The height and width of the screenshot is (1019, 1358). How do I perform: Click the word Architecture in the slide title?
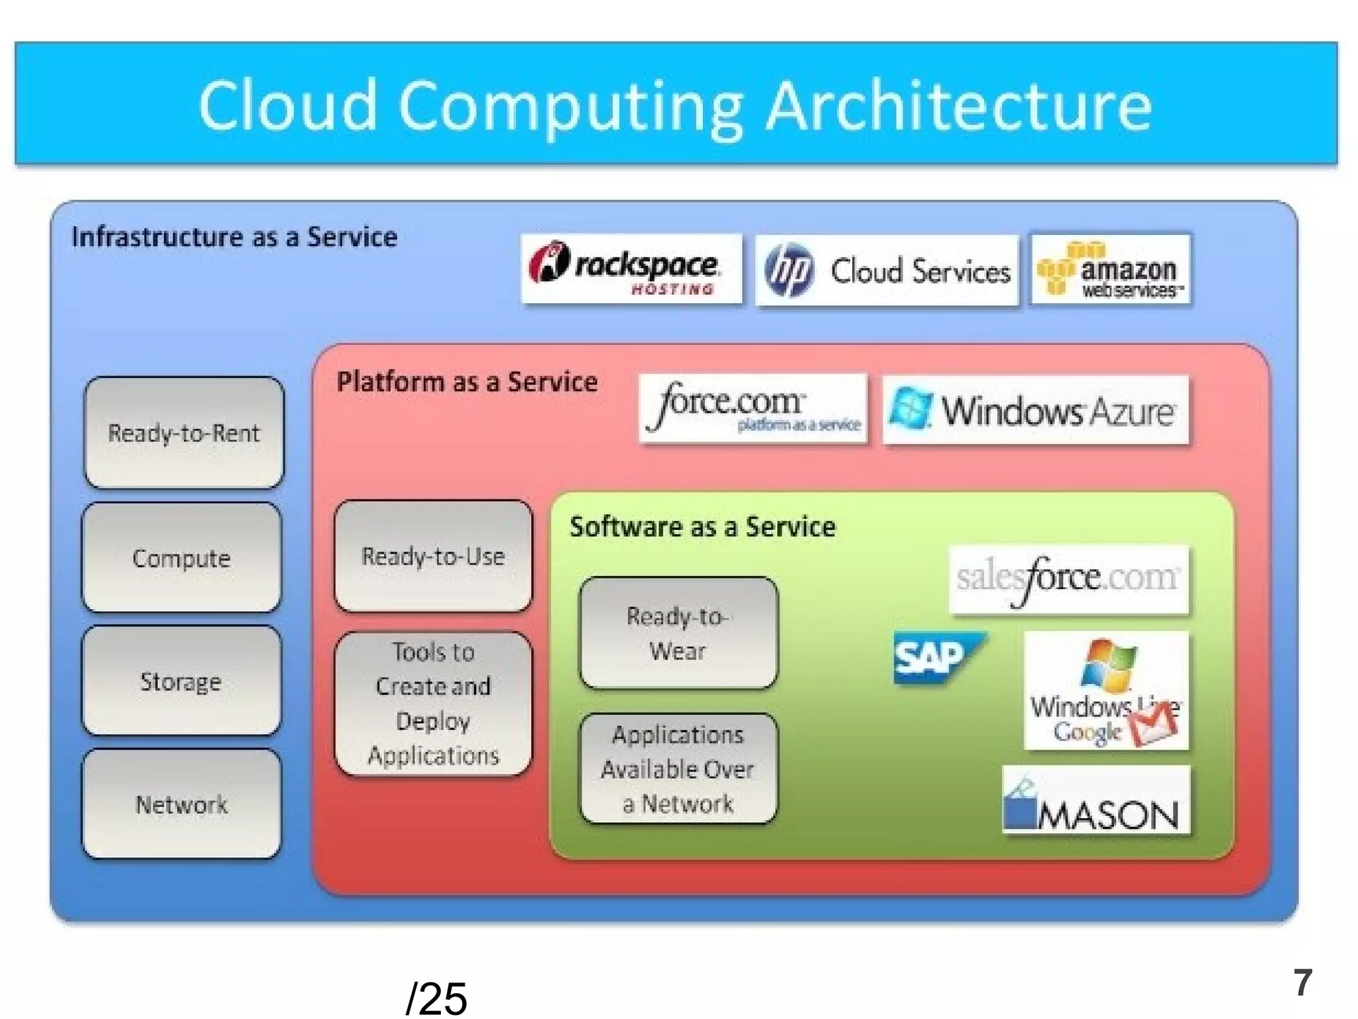[959, 106]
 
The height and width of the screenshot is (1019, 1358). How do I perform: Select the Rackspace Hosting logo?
[631, 269]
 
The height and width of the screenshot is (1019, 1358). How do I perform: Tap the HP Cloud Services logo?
[887, 271]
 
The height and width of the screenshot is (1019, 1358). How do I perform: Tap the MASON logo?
[1095, 801]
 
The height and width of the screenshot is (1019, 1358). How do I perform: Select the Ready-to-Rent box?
[184, 433]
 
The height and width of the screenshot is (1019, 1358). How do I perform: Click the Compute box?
[181, 558]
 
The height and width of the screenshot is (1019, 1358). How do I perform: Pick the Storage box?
[181, 681]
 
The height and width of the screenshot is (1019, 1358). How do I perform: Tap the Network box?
[181, 804]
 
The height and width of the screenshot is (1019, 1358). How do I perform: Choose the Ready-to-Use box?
[433, 556]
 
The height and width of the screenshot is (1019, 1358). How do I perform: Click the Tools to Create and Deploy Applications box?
[433, 704]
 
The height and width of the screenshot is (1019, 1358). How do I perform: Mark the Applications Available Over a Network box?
[678, 769]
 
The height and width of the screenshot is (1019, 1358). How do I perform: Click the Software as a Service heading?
[702, 527]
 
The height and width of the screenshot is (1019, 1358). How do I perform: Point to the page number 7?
[1302, 983]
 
